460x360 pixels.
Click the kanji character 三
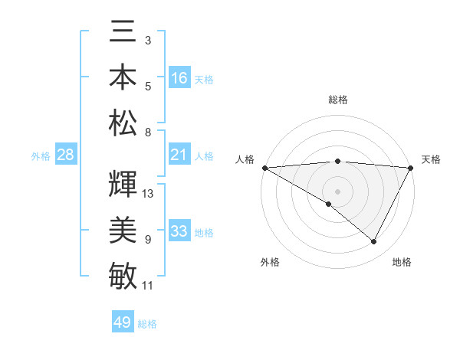123,35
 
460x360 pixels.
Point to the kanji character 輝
123,183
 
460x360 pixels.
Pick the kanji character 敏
123,274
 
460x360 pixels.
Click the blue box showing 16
179,77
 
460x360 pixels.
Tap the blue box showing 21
179,155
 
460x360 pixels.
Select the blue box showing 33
179,231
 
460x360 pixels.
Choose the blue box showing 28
66,155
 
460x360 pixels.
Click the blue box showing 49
123,322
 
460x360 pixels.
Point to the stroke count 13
148,193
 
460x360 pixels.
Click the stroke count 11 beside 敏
148,286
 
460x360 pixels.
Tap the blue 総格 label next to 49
147,324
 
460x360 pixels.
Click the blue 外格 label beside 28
41,156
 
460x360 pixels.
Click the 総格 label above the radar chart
337,100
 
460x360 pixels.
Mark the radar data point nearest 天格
411,168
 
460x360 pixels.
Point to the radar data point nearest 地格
374,242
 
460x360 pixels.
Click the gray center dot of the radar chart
337,190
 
